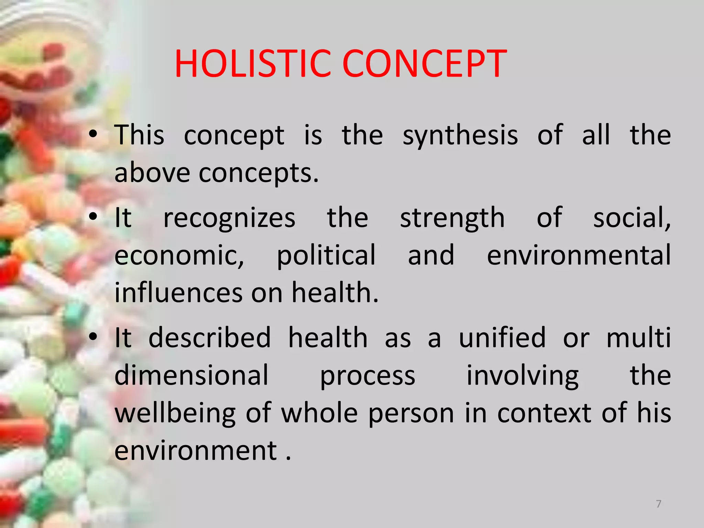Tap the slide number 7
tap(658, 504)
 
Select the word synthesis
tap(460, 136)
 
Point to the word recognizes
tap(229, 219)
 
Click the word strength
tap(452, 219)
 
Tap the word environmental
tap(579, 255)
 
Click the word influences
tap(178, 293)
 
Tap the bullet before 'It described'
tap(92, 337)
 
